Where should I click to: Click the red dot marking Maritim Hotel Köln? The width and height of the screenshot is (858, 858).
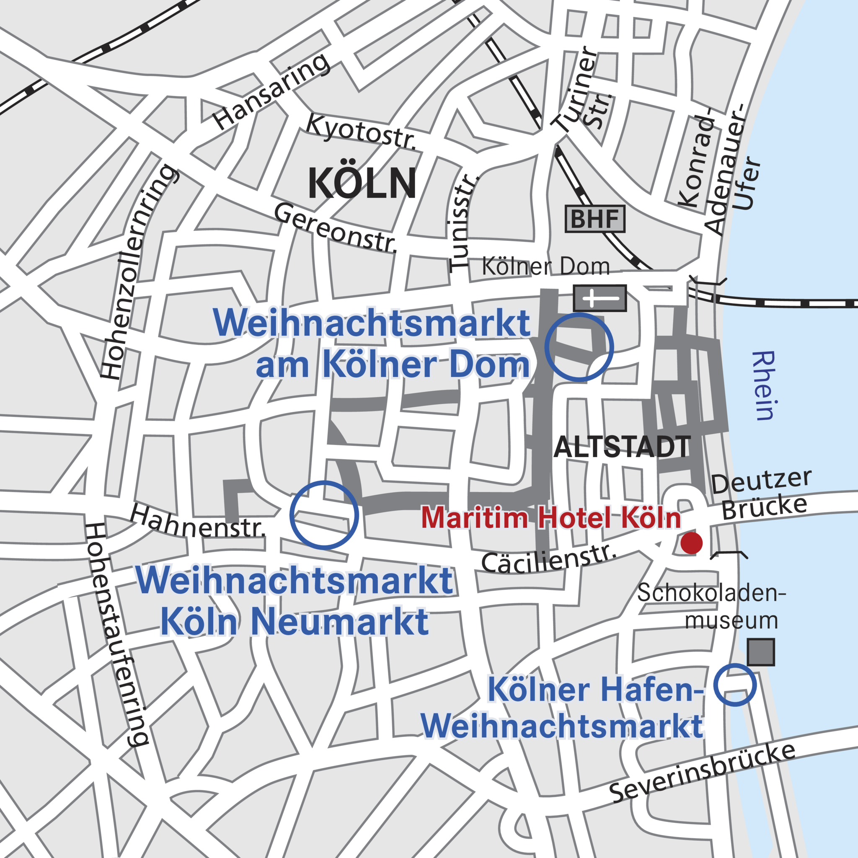[x=691, y=543]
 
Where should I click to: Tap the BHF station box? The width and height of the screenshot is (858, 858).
[x=594, y=219]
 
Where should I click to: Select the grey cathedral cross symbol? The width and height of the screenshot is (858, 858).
[x=600, y=298]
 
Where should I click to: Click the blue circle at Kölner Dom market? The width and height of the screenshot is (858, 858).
[x=579, y=347]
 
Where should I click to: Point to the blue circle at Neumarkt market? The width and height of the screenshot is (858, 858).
[x=324, y=515]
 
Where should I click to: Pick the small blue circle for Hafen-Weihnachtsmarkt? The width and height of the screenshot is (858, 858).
[x=735, y=685]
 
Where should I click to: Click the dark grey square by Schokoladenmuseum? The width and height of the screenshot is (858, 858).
[x=761, y=652]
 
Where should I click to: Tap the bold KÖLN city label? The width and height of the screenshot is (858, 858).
[x=362, y=183]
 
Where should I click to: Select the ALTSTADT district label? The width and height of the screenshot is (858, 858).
[x=622, y=447]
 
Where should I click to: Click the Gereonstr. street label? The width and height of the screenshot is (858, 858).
[x=335, y=228]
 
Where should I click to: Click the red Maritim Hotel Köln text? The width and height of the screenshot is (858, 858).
[x=550, y=518]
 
